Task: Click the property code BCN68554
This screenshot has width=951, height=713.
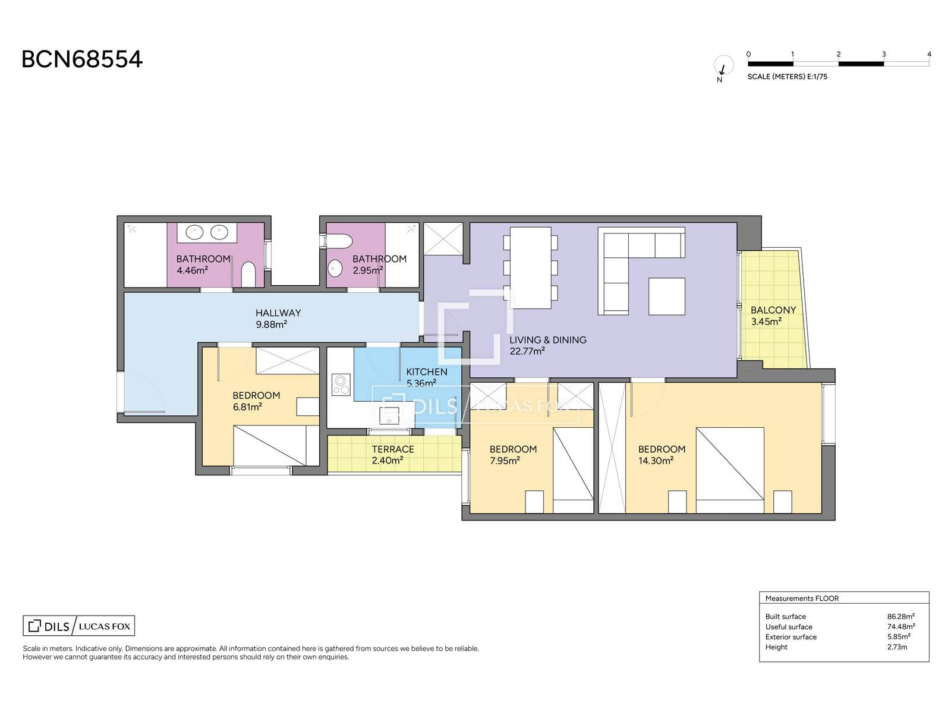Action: (x=82, y=59)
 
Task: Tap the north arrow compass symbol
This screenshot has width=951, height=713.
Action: (x=723, y=66)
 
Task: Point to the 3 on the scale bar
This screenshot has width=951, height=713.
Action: (x=883, y=55)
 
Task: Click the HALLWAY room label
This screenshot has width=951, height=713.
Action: (x=278, y=313)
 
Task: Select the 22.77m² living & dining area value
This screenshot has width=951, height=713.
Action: (x=527, y=351)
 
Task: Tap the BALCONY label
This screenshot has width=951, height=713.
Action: (x=773, y=310)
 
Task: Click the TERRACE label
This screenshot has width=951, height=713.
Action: (x=393, y=449)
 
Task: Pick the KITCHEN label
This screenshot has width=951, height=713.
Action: (x=427, y=372)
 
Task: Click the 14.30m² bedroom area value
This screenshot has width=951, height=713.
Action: (x=656, y=460)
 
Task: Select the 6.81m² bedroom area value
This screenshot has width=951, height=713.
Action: (x=247, y=407)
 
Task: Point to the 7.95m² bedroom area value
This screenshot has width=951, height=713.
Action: (x=505, y=460)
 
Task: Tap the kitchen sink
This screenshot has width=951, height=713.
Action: (x=389, y=415)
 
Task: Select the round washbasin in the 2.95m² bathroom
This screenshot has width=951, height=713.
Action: (x=335, y=269)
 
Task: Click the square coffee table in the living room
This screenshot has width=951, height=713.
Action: (x=667, y=296)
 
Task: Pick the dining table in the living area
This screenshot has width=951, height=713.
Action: (x=531, y=268)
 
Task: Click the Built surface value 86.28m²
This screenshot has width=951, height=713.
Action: (x=900, y=617)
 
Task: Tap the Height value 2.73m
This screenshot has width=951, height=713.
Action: (x=897, y=647)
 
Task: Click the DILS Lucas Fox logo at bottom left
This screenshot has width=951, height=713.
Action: (x=79, y=626)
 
